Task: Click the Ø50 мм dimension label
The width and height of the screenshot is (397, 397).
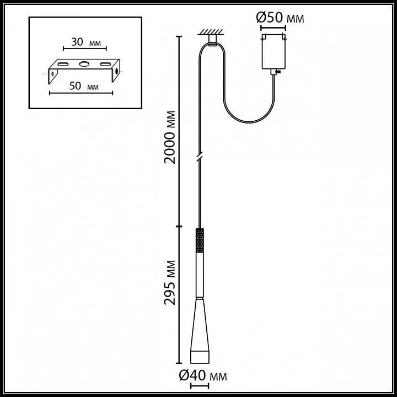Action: (x=280, y=18)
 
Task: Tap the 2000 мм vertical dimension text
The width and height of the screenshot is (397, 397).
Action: (x=170, y=137)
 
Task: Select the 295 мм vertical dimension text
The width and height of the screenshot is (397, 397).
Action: (x=170, y=282)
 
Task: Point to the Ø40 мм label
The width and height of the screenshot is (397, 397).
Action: (x=203, y=375)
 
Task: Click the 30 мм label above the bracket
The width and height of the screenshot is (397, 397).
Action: (x=86, y=42)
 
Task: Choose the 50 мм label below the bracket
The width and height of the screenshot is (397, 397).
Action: (x=84, y=87)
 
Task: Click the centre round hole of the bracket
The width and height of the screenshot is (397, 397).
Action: (x=84, y=64)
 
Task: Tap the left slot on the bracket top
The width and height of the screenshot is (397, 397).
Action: (x=62, y=64)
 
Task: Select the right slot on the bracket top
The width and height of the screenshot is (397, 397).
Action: (x=105, y=64)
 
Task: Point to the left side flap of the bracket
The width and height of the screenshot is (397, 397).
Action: (x=53, y=76)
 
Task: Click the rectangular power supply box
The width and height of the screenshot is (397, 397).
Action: (x=273, y=51)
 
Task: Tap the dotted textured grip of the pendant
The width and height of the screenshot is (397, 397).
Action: (x=200, y=240)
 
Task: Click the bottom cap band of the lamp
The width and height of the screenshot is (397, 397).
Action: (x=200, y=357)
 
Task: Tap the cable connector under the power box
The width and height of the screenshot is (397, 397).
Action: (x=274, y=72)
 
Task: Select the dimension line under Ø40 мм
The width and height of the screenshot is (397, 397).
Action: (x=200, y=386)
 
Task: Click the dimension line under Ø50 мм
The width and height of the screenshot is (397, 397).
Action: (x=273, y=28)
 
